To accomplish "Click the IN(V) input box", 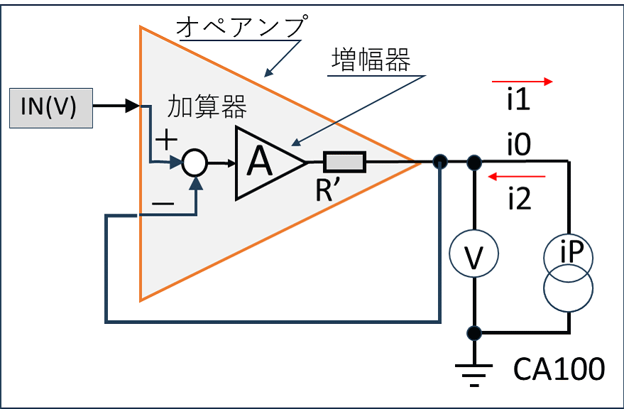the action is click(x=51, y=108).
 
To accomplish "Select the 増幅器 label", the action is click(x=371, y=60).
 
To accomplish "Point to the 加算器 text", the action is click(x=207, y=107).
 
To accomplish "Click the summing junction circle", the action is click(x=195, y=163).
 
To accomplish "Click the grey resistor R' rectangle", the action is click(x=344, y=162).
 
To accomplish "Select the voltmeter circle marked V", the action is click(x=474, y=253).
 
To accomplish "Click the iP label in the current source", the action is click(x=571, y=251).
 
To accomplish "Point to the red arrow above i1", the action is click(x=522, y=82).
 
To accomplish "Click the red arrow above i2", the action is click(x=517, y=176).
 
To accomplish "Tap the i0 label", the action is click(x=519, y=145).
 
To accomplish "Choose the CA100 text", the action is click(x=559, y=369).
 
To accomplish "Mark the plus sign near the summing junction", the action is click(x=166, y=140).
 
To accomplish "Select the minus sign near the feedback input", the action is click(x=163, y=204).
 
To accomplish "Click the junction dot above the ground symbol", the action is click(x=474, y=333).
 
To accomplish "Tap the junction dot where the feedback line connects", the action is click(x=439, y=162).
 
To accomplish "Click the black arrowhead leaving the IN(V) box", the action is click(x=133, y=106).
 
